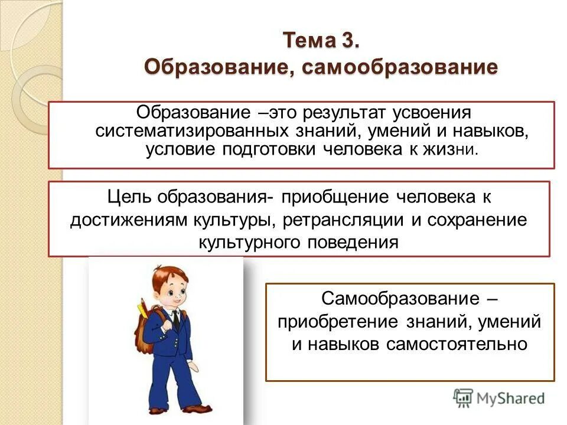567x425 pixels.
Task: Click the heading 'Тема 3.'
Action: [321, 41]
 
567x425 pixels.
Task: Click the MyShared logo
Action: [499, 397]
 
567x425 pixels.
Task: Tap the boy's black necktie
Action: [176, 320]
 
